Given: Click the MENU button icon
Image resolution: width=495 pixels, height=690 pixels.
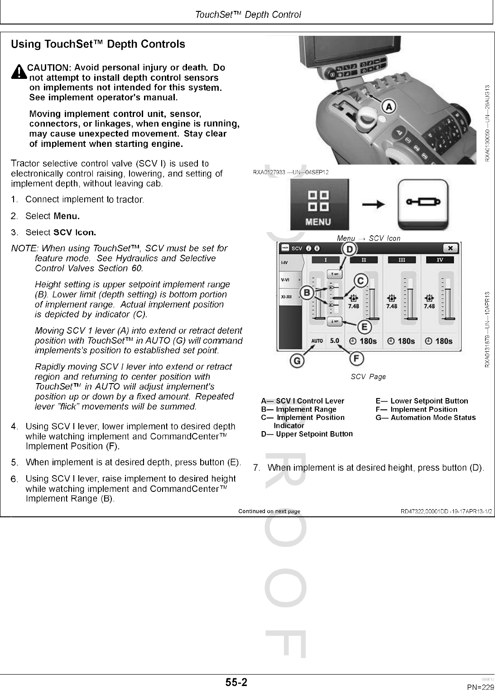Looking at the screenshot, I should tap(318, 205).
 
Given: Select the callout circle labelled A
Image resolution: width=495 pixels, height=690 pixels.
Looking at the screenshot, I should tap(389, 107).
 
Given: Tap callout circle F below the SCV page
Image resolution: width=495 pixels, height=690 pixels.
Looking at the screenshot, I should tap(356, 359).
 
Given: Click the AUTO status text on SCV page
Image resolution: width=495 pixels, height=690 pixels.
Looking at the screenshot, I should tap(317, 341).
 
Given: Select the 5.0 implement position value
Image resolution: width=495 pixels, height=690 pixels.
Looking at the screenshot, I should tap(335, 340).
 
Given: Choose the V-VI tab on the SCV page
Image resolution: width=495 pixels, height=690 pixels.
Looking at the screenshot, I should tap(286, 280).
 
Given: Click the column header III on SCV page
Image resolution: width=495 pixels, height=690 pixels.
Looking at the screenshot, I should tap(401, 260).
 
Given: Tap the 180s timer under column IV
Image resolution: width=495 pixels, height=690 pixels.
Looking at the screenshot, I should tap(439, 341).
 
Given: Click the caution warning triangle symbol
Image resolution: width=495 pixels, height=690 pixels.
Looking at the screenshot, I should tap(19, 73).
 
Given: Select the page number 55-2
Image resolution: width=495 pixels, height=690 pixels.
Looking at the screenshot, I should tap(237, 682).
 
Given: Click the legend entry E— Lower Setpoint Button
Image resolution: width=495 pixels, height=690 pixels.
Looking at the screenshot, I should tap(422, 401).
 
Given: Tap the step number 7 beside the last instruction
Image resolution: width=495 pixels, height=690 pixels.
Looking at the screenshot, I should tap(256, 467).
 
